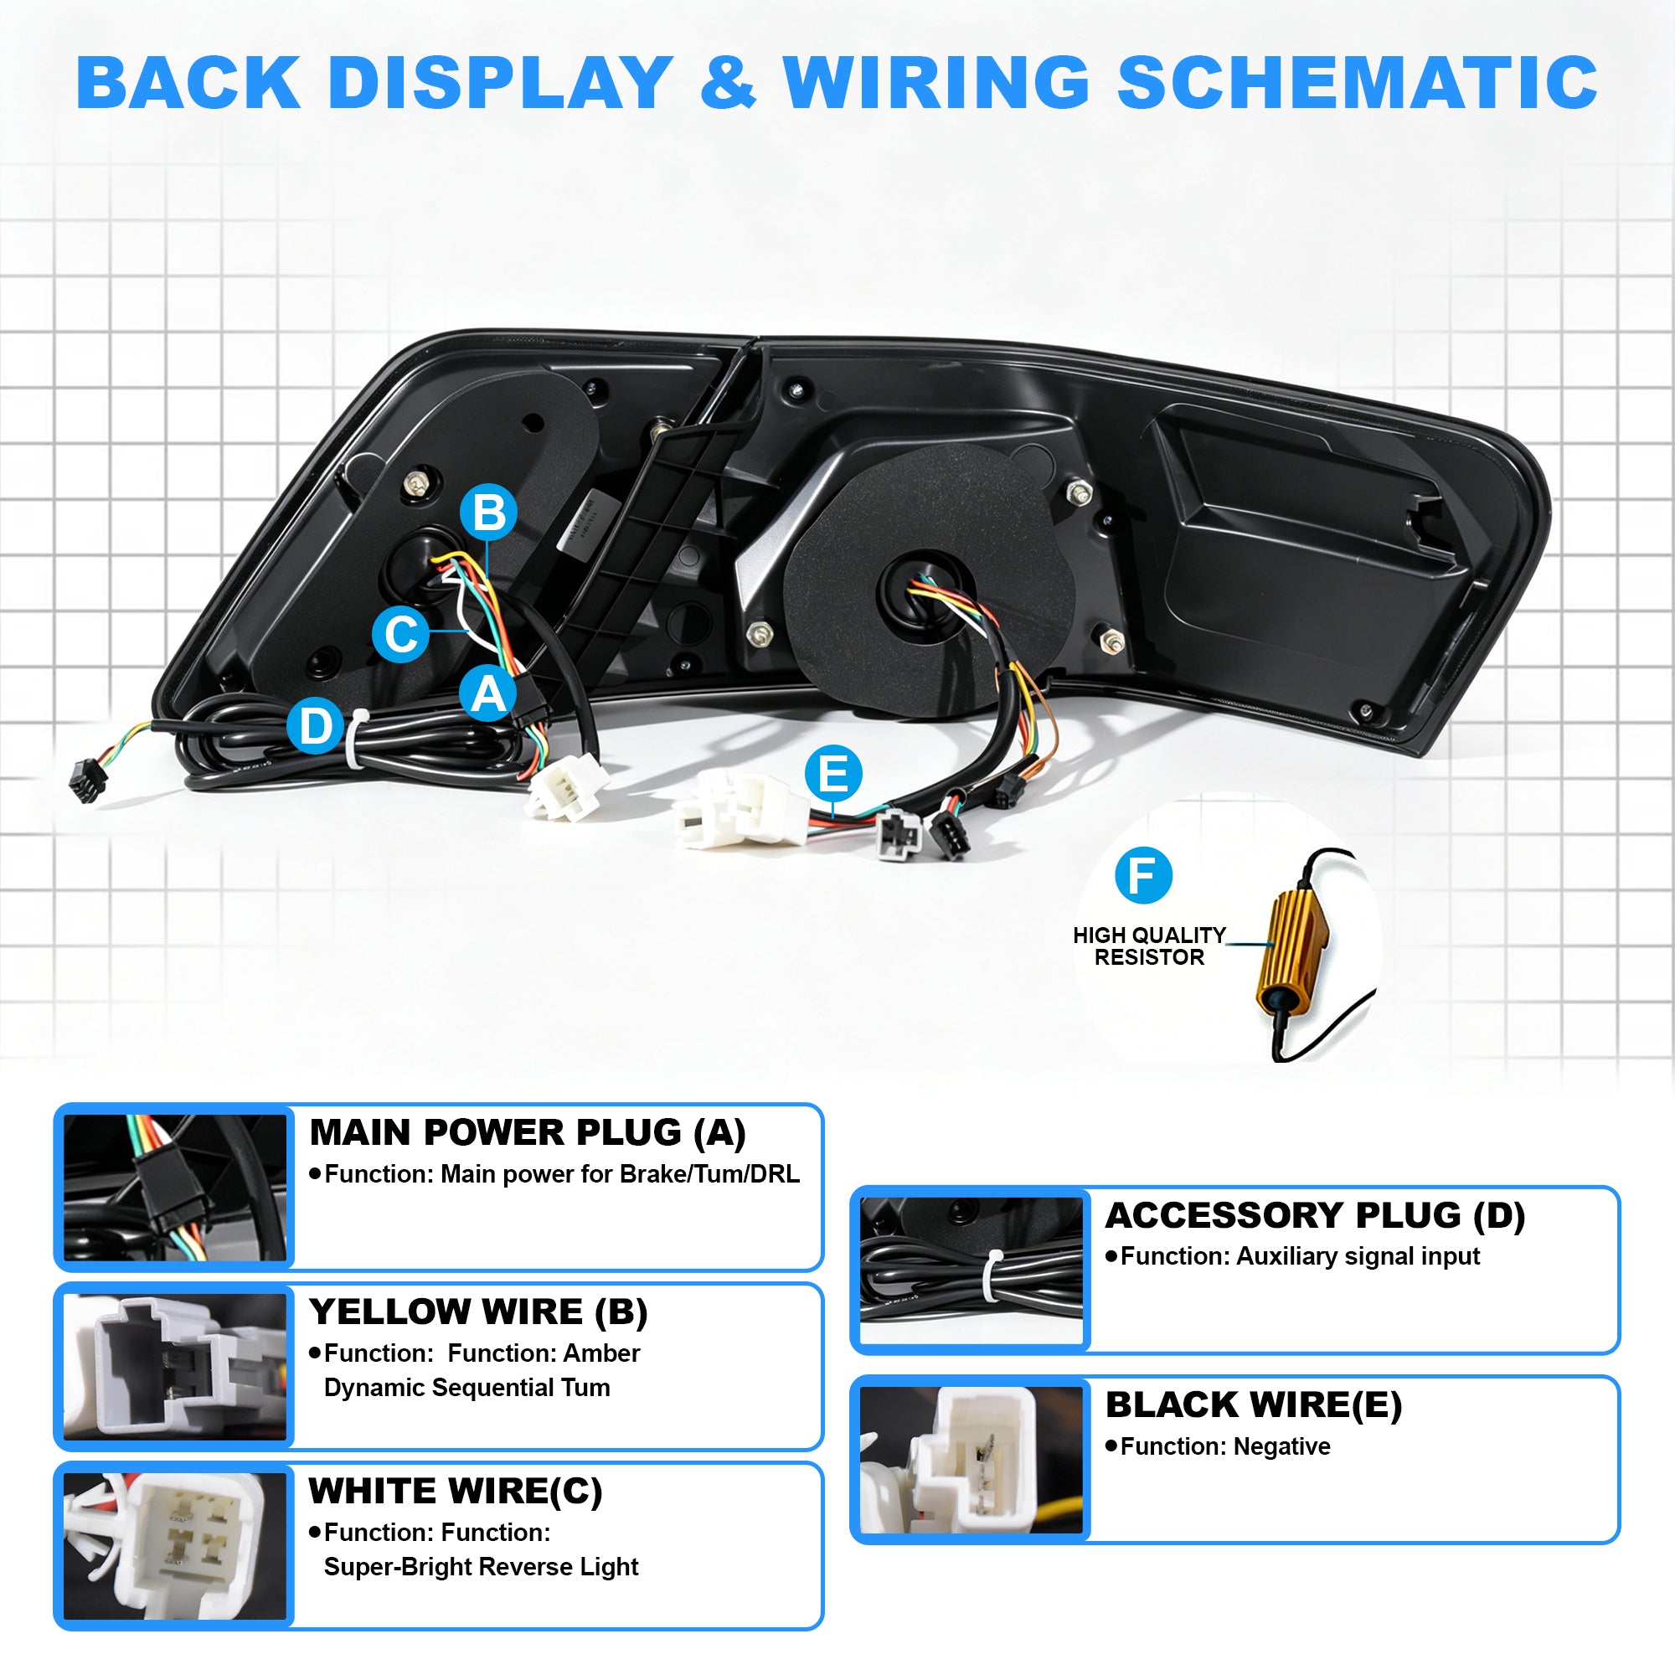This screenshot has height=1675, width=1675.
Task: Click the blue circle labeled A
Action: (488, 693)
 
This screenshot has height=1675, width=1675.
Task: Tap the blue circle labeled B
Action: (489, 512)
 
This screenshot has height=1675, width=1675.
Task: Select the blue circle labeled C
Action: (400, 634)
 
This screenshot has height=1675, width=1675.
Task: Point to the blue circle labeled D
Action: (316, 724)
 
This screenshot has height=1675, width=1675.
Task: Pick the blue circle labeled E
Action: (833, 773)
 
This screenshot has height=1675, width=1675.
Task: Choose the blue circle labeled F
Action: (1143, 876)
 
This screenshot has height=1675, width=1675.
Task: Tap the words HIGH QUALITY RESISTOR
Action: (1149, 946)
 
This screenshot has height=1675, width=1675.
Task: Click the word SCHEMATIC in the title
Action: (1357, 82)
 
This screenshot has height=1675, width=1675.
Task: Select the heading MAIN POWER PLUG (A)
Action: (527, 1133)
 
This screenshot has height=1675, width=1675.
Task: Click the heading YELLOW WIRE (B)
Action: (478, 1312)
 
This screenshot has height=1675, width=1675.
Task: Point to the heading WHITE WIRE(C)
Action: (455, 1492)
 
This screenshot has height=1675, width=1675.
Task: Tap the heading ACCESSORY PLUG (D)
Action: (1315, 1215)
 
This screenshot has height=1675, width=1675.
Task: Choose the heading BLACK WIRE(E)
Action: (1254, 1404)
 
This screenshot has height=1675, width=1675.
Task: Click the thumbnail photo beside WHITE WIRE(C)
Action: (175, 1546)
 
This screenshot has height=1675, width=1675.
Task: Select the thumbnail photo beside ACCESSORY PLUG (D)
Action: (971, 1270)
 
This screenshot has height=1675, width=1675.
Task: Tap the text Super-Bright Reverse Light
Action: (482, 1567)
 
